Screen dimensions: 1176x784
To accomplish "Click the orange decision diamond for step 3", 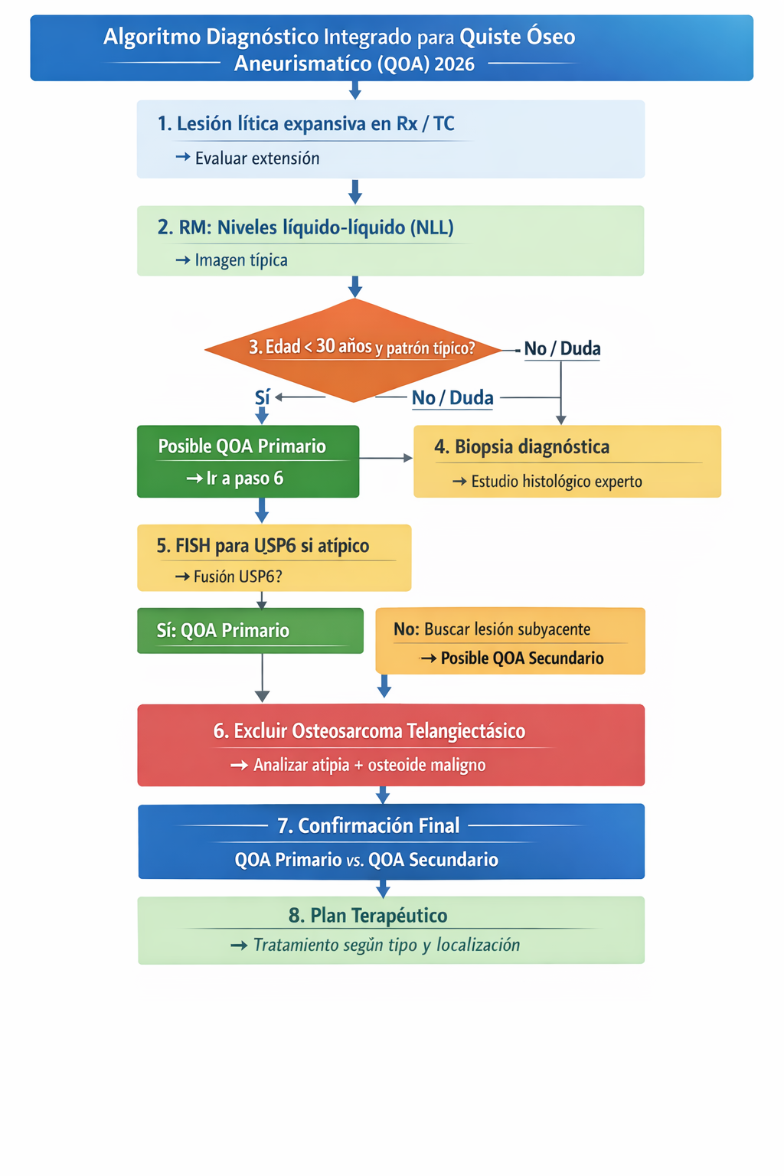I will (x=354, y=349).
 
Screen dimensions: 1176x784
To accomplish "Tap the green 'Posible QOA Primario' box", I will (x=247, y=461).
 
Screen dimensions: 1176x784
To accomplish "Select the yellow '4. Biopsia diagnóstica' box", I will (x=567, y=461).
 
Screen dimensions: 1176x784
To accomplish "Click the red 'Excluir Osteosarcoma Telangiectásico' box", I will (x=390, y=744).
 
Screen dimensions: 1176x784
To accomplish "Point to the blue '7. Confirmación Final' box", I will (x=390, y=841).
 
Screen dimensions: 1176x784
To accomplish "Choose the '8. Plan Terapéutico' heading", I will (x=367, y=915).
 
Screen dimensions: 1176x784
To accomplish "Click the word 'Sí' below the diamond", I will (x=262, y=397).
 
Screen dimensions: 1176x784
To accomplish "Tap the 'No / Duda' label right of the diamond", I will (x=562, y=349).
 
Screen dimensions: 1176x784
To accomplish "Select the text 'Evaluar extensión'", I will (x=257, y=158).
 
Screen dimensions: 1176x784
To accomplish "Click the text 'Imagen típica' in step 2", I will (x=241, y=260).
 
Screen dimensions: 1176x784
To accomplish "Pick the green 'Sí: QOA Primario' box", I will (x=250, y=630).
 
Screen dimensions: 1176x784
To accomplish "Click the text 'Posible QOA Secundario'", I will (x=522, y=658).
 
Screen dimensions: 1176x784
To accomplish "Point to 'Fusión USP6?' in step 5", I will (x=237, y=577).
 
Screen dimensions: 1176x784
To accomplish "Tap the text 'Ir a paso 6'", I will (x=244, y=479).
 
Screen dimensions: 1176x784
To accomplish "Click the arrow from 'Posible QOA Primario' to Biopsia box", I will (x=386, y=458).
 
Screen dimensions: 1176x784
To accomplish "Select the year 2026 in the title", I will (x=454, y=64).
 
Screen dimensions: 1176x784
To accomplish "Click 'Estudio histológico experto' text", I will (x=557, y=482).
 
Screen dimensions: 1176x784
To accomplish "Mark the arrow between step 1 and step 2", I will (x=354, y=191).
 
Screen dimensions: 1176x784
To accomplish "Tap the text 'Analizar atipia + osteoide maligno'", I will (x=369, y=765).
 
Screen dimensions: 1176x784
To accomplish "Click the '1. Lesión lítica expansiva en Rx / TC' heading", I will (x=305, y=124).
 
